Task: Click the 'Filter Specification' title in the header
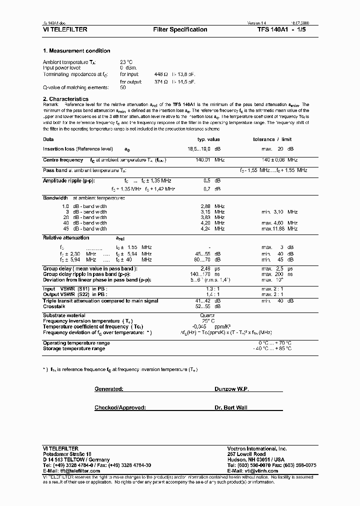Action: tap(180, 29)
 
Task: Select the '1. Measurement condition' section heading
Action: tap(76, 51)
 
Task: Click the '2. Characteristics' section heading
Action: tap(65, 99)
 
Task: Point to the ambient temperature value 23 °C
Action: tap(126, 62)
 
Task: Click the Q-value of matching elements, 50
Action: tap(123, 87)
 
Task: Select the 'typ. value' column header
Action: tap(208, 139)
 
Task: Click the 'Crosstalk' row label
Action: tap(54, 306)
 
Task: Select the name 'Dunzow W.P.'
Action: tap(231, 388)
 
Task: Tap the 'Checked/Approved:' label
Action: tap(120, 408)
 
